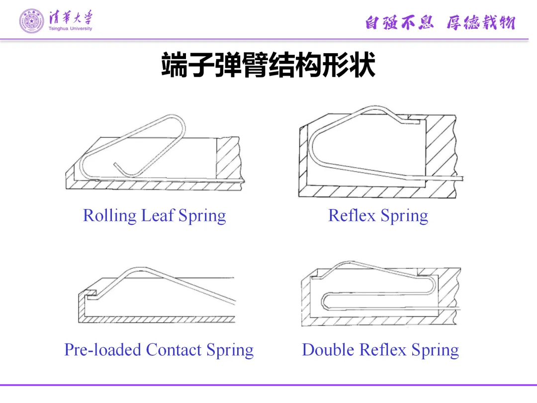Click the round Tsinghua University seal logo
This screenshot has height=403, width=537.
coord(31,21)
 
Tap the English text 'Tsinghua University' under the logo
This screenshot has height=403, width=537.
coord(70,29)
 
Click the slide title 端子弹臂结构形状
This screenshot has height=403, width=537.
coord(268,65)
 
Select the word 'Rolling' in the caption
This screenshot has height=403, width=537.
coord(109,216)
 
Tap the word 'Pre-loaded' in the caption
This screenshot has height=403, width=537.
coord(102,350)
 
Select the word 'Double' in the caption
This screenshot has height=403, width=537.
coord(328,350)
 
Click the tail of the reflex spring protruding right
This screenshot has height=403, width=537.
coord(455,178)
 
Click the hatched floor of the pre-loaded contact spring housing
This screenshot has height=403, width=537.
coord(159,319)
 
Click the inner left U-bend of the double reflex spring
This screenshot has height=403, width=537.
coord(324,301)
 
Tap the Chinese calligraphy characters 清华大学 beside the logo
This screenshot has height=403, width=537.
coord(70,18)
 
